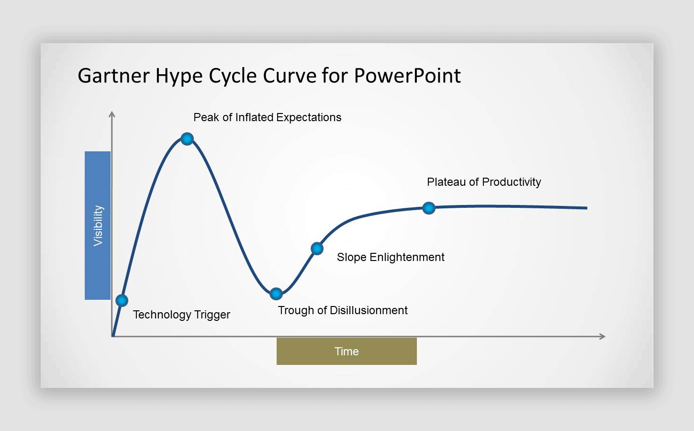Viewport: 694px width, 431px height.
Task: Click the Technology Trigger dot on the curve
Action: coord(122,300)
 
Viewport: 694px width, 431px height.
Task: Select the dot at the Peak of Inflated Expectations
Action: coord(187,138)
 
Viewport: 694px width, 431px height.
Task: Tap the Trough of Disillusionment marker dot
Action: coord(276,294)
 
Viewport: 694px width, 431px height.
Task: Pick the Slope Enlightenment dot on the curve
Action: coord(317,249)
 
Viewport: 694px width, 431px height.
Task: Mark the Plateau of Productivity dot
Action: coord(429,208)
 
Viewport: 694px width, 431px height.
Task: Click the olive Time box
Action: coord(347,351)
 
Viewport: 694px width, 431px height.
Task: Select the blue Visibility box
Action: coord(98,226)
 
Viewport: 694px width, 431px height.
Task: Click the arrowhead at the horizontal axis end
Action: coord(602,337)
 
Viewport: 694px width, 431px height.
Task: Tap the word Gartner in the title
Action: coord(114,76)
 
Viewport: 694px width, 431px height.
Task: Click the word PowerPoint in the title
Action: coord(407,76)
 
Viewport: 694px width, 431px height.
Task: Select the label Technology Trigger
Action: coord(181,315)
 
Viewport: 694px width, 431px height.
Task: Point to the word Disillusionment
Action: coord(369,310)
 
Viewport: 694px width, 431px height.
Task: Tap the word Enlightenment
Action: coord(407,257)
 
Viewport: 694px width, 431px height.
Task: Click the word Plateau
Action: coord(446,182)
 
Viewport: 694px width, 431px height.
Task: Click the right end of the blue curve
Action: coord(586,208)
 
